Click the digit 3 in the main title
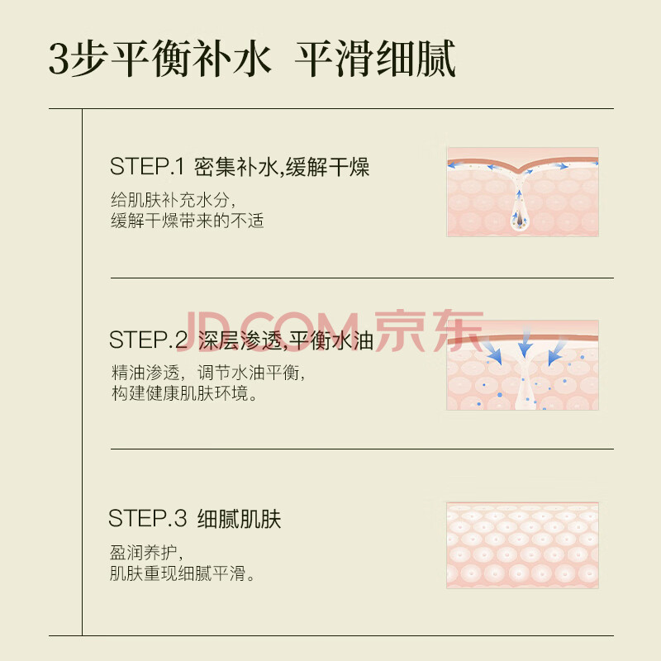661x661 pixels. pyautogui.click(x=59, y=59)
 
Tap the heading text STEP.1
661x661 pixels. pyautogui.click(x=147, y=167)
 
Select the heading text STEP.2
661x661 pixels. pyautogui.click(x=148, y=340)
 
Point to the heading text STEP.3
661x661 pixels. pyautogui.click(x=147, y=518)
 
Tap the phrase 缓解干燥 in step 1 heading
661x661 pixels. pyautogui.click(x=327, y=167)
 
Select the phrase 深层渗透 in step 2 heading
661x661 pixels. pyautogui.click(x=240, y=340)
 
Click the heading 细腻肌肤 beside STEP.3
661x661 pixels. pyautogui.click(x=239, y=519)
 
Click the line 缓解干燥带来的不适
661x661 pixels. pyautogui.click(x=188, y=221)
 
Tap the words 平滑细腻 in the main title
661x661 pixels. pyautogui.click(x=375, y=59)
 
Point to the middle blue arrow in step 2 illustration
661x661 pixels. pyautogui.click(x=525, y=343)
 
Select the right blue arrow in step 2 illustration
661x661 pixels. pyautogui.click(x=556, y=350)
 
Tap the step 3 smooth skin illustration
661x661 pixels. pyautogui.click(x=522, y=545)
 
